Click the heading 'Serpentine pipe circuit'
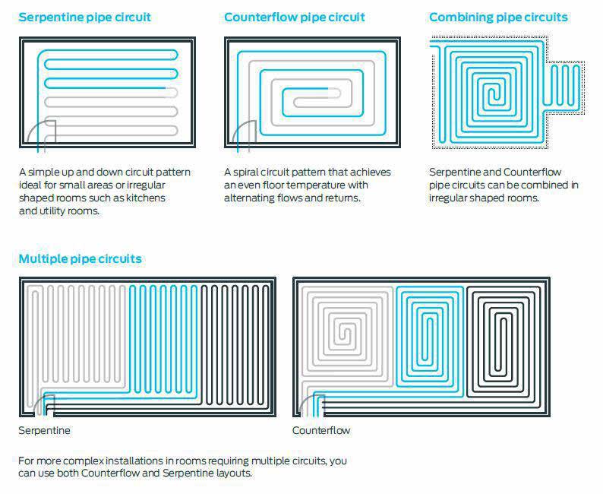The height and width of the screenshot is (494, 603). point(84,17)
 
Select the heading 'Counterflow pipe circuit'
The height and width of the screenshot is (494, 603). point(295,17)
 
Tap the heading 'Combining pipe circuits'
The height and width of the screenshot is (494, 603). point(498,17)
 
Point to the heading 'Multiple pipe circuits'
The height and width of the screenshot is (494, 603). point(80,258)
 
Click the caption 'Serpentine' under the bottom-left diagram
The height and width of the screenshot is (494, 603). point(44,430)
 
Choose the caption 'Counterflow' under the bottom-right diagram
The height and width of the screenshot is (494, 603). point(321,430)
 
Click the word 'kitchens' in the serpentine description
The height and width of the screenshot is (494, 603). point(146,198)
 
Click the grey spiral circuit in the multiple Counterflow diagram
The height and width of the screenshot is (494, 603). point(346,334)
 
